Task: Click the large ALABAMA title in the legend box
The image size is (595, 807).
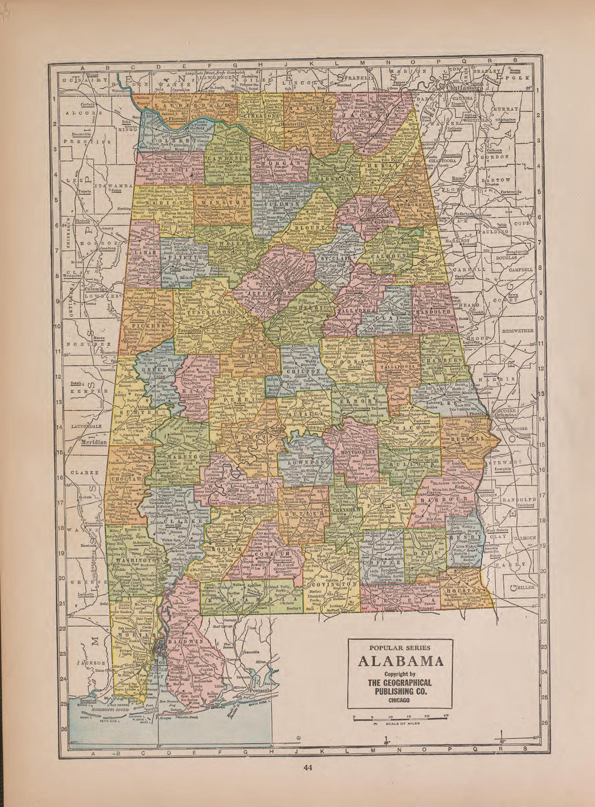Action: click(x=400, y=661)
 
